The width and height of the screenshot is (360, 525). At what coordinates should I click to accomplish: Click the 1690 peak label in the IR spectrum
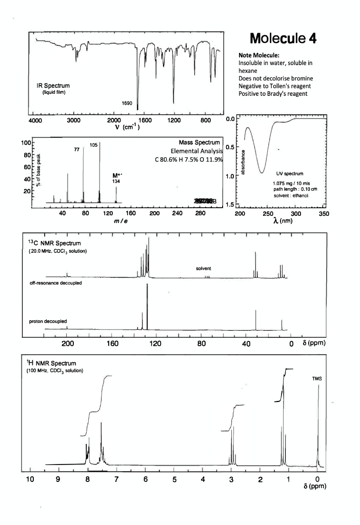point(127,104)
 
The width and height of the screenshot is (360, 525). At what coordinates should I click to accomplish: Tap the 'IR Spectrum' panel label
point(53,85)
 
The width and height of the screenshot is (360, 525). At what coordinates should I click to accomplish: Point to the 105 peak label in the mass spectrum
point(93,146)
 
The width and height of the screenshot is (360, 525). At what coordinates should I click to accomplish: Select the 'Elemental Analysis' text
point(197,151)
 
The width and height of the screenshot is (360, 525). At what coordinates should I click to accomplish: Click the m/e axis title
point(121,220)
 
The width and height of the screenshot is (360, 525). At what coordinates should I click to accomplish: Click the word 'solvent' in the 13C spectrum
point(204,269)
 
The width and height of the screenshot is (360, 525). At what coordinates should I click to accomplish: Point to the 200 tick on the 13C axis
point(68,343)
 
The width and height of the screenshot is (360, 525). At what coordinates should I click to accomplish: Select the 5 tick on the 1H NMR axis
point(174,480)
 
